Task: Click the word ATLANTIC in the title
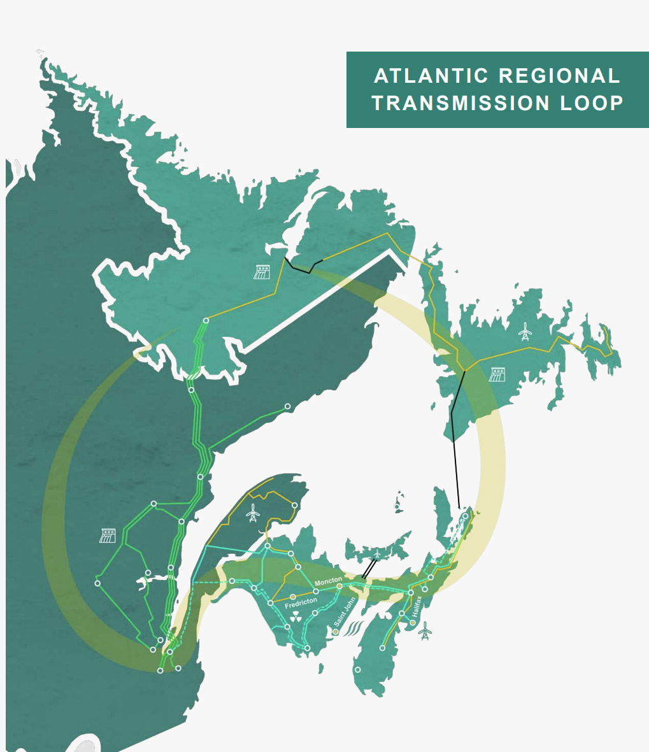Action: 431,76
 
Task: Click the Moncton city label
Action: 328,581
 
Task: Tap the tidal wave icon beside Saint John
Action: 352,630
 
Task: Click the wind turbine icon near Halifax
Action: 425,630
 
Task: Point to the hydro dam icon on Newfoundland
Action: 497,374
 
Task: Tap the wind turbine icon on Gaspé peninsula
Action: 253,512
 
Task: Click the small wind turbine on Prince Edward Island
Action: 378,555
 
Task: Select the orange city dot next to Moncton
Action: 339,586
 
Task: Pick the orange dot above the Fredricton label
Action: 293,597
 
